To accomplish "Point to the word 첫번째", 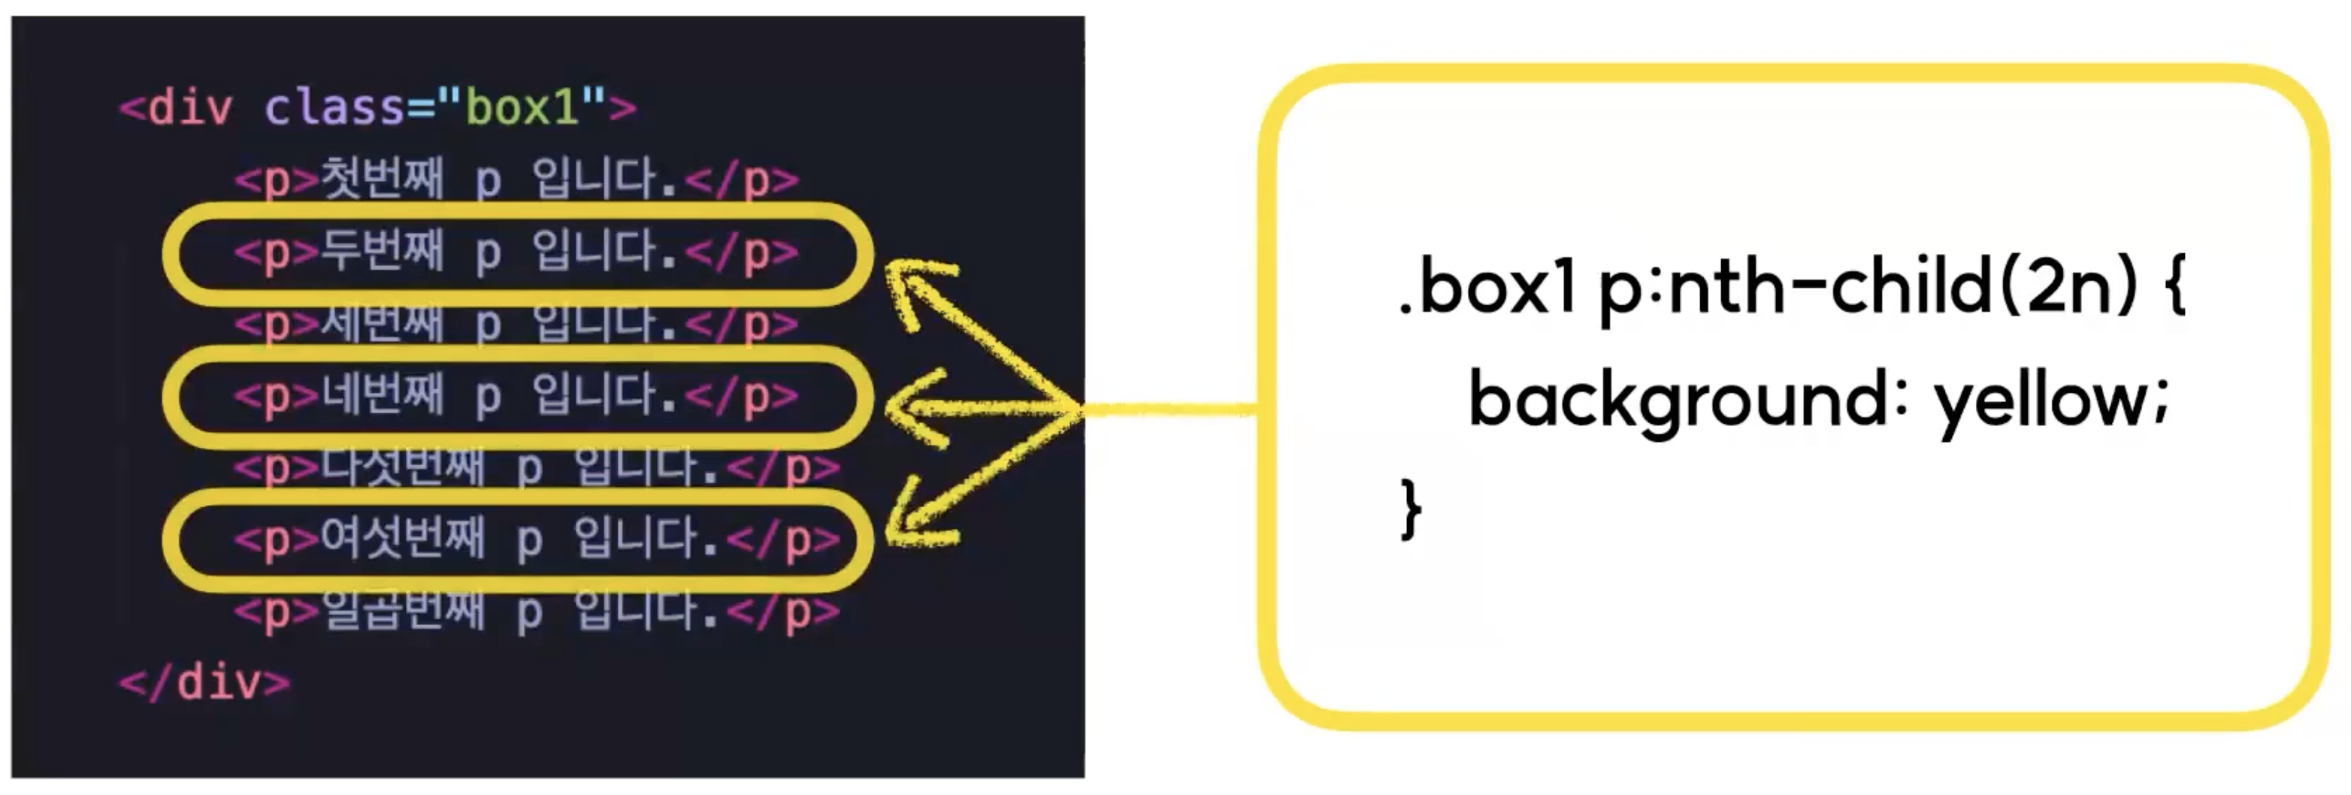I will click(382, 179).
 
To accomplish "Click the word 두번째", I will click(382, 252).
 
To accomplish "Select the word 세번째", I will click(382, 324).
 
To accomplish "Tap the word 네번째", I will click(382, 396).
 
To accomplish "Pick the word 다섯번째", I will click(401, 467).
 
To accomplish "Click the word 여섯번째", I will click(401, 540).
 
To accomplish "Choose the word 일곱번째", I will click(401, 611).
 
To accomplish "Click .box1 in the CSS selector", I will click(1487, 289).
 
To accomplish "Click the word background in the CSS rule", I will click(1678, 401).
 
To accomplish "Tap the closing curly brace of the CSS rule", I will click(1411, 511).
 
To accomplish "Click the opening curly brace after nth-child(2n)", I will click(2174, 289).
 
